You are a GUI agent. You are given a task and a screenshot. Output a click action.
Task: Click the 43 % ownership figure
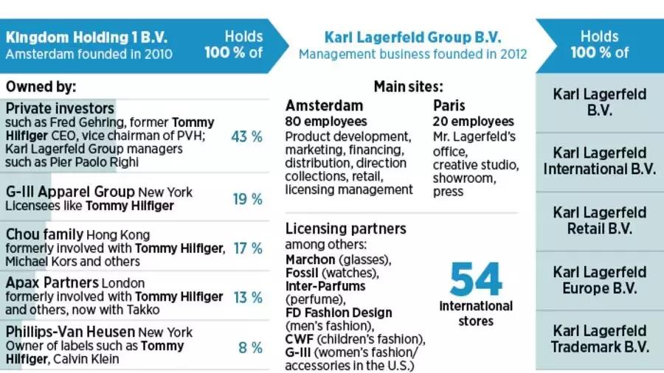247,136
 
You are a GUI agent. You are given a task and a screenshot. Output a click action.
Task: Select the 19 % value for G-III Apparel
247,199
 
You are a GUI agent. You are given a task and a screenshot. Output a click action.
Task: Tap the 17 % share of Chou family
247,248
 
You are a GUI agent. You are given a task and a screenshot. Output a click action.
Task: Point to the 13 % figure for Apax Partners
247,297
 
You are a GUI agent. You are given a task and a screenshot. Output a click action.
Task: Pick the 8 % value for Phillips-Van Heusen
250,346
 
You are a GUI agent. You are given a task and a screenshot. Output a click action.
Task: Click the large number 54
476,279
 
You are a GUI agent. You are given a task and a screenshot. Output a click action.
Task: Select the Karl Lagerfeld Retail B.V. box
600,220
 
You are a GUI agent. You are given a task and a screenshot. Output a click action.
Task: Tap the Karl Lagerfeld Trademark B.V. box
600,338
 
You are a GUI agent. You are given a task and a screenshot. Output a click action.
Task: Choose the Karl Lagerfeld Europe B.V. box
600,279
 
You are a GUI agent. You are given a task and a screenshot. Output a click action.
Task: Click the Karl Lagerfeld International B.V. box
600,161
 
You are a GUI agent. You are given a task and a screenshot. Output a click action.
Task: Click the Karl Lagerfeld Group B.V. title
412,37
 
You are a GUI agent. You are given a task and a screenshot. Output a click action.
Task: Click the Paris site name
449,105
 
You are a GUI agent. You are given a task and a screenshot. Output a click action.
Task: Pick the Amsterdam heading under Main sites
324,105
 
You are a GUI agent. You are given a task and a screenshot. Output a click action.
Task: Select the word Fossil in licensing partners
302,273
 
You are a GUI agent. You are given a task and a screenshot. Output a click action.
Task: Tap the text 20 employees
474,121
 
